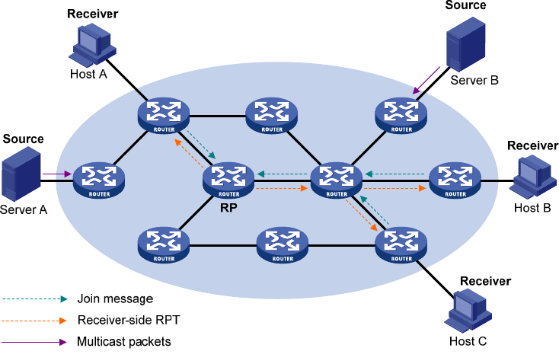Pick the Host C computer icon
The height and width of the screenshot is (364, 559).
coord(468,308)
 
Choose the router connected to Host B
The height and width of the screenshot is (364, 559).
coord(454,180)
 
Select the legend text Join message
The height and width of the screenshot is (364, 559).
coord(115,299)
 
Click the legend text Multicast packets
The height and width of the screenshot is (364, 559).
coord(124,342)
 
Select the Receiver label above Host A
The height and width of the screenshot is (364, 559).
coord(93,14)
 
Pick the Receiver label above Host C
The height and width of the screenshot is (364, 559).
coord(485,281)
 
